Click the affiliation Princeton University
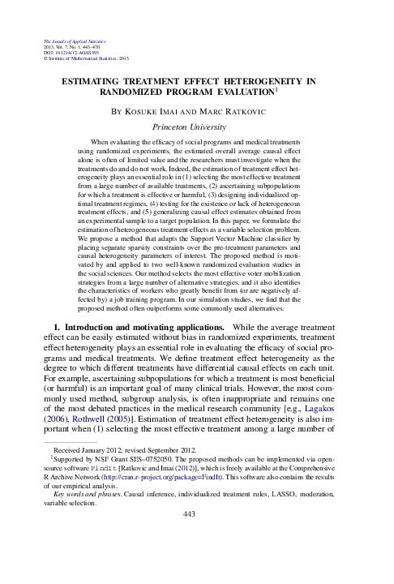coord(198,127)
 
